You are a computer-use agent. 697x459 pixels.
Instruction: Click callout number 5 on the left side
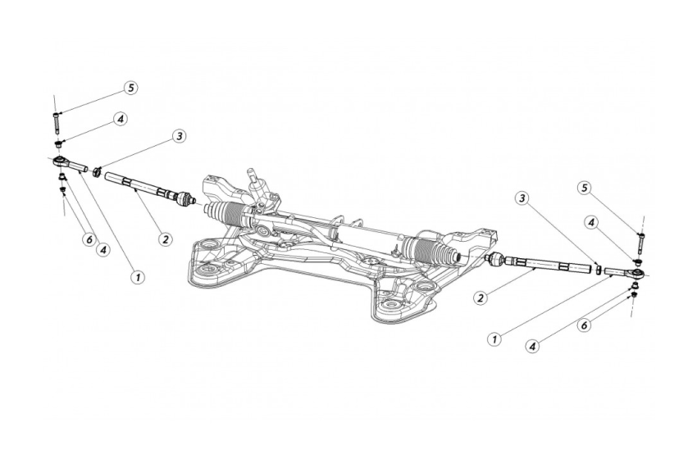pos(130,87)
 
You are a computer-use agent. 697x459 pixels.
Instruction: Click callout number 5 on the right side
pos(584,188)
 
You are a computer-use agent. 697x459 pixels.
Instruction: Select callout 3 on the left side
pos(179,135)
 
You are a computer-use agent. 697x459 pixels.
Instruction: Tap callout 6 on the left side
pos(87,239)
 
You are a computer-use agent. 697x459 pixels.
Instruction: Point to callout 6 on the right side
pos(584,325)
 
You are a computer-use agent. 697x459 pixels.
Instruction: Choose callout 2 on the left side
pos(165,239)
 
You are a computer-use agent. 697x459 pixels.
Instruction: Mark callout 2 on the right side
pos(481,298)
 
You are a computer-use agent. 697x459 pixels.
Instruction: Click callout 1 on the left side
pos(136,277)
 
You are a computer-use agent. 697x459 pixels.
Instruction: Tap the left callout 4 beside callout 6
pos(102,250)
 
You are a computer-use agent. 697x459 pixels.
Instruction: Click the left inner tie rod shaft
pos(139,185)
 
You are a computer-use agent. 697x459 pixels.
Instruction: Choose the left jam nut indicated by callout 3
pos(97,170)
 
